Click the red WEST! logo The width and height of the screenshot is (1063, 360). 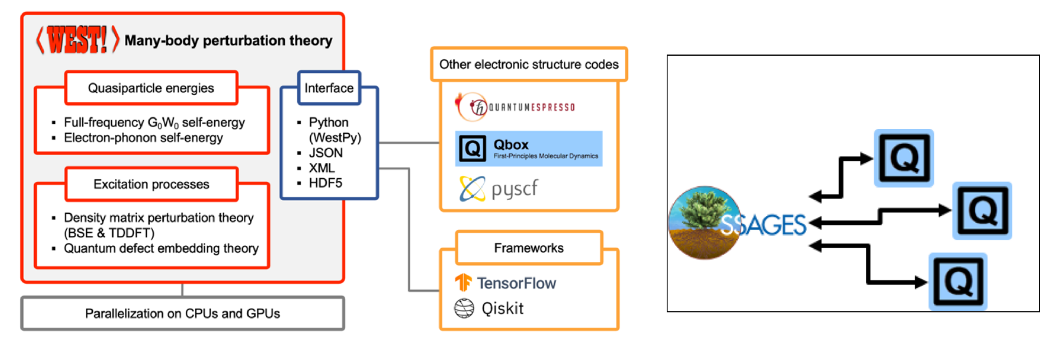pyautogui.click(x=77, y=40)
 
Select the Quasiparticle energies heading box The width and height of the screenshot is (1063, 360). pyautogui.click(x=151, y=88)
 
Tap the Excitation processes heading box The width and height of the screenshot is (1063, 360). pyautogui.click(x=151, y=184)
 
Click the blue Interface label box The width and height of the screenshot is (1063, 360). pyautogui.click(x=329, y=88)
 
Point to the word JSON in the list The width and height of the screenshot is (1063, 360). pyautogui.click(x=325, y=153)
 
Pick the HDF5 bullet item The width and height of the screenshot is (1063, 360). pyautogui.click(x=325, y=183)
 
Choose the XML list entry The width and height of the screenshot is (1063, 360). pyautogui.click(x=322, y=168)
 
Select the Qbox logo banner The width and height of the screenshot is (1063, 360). pyautogui.click(x=528, y=149)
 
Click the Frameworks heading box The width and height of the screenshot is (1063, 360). pyautogui.click(x=529, y=248)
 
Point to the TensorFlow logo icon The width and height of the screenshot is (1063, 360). pyautogui.click(x=463, y=283)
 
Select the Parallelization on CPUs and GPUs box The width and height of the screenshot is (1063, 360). pyautogui.click(x=182, y=313)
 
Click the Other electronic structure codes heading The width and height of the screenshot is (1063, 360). pyautogui.click(x=529, y=64)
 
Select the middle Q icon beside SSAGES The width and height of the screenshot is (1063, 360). pyautogui.click(x=982, y=211)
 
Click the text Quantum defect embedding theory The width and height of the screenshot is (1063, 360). pyautogui.click(x=161, y=248)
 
